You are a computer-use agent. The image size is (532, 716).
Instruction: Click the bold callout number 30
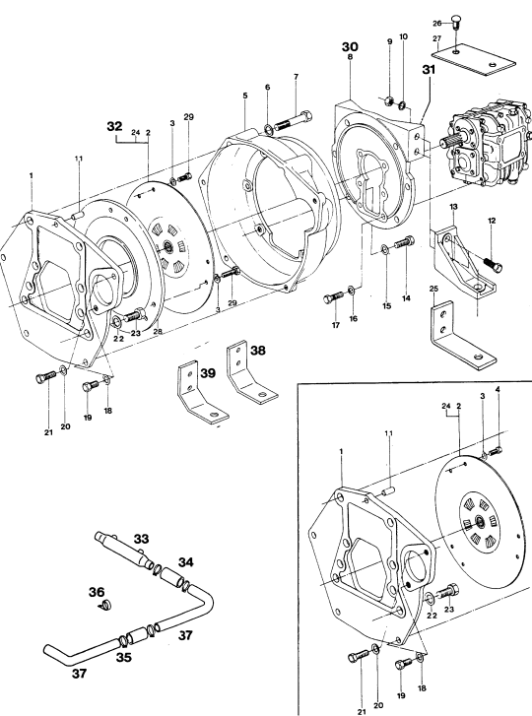point(351,46)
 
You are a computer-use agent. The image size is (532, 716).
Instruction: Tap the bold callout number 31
point(429,69)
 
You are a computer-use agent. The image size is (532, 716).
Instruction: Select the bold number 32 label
point(114,126)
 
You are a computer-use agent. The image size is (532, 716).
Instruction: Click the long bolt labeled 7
point(295,120)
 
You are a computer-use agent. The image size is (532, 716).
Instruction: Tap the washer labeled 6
point(269,129)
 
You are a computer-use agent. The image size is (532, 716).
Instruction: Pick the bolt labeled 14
point(403,242)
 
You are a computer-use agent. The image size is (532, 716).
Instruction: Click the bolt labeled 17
point(333,297)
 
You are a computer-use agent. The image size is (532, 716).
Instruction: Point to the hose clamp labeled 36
point(106,606)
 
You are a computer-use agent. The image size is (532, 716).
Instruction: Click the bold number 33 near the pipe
point(141,539)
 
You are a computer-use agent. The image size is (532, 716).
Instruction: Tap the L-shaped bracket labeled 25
point(463,336)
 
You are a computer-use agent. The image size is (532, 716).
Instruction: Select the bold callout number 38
point(257,351)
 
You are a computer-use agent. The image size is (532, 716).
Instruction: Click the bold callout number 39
point(208,373)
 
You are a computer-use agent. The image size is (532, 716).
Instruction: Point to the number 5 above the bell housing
point(245,96)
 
